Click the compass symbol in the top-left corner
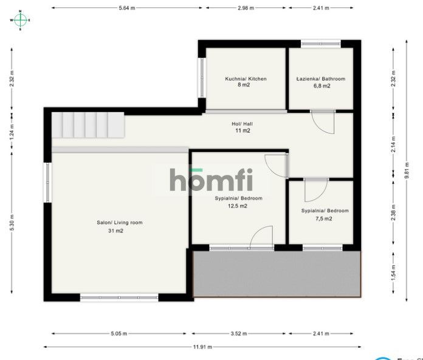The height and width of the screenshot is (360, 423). pos(20,19)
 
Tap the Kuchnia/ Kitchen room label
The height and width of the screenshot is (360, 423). pos(246,79)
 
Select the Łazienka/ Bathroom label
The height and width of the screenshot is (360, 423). pos(321,79)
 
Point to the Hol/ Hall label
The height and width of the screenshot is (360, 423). pos(243,123)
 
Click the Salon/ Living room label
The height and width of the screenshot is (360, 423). pos(120,223)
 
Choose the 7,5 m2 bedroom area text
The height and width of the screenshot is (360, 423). pos(325,218)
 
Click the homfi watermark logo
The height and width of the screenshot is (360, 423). pos(210,180)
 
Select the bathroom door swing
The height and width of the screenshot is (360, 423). pos(324,123)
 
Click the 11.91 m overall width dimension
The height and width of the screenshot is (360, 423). pos(202,347)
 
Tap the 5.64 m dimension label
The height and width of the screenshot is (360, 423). pos(127,8)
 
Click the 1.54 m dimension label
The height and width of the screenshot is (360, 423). pos(393,275)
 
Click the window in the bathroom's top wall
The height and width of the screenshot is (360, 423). pos(321,43)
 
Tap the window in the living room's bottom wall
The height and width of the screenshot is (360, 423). pos(119,298)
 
